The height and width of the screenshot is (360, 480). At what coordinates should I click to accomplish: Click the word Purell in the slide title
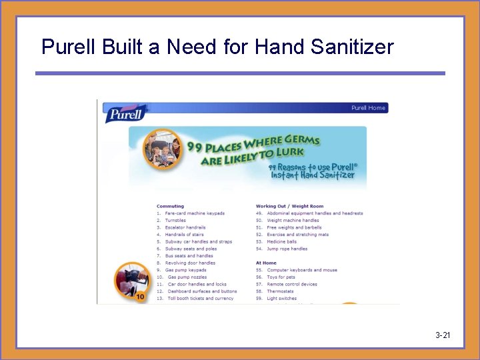pos(63,47)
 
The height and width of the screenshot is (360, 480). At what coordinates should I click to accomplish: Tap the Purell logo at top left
pos(125,113)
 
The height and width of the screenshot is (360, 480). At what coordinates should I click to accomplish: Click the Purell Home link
pos(368,108)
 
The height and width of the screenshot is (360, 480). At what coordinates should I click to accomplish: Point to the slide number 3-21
pos(442,335)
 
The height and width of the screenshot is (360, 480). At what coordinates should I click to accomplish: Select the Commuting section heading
pos(170,206)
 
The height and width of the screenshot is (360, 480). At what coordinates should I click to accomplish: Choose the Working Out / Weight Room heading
pos(290,206)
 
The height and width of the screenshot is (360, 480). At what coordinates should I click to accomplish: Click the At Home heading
pos(266,263)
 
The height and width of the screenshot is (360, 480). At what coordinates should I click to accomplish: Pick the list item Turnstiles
pos(176,221)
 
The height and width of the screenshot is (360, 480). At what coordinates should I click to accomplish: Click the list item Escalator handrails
pos(185,227)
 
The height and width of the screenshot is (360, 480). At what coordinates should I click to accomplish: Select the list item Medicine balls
pos(281,241)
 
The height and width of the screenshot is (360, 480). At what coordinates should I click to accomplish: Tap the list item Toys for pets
pos(281,277)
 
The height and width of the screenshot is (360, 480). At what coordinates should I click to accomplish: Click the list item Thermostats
pos(280,291)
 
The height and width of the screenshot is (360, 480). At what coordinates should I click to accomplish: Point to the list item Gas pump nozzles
pos(187,277)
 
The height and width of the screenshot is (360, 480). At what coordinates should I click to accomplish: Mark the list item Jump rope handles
pos(287,249)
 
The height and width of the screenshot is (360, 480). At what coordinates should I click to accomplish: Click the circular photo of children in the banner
pos(163,149)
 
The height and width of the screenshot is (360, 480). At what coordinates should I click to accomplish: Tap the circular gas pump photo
pos(131,281)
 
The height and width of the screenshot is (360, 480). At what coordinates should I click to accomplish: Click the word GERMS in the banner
pos(302,141)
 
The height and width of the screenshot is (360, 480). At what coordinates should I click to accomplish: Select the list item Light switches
pos(281,299)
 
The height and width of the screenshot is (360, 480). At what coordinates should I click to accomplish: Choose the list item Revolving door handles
pos(190,263)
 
